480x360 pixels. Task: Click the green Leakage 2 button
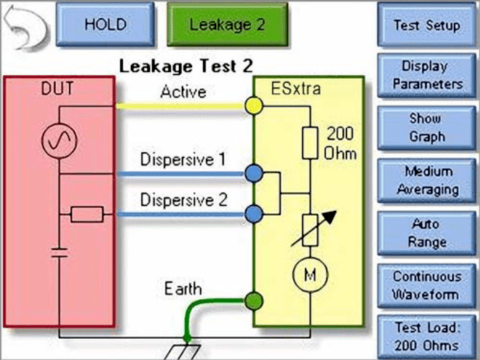(227, 24)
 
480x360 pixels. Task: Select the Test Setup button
(427, 24)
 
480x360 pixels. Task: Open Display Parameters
(427, 75)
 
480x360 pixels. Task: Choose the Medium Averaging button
(427, 181)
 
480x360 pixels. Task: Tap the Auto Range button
(427, 233)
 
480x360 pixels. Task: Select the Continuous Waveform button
(427, 286)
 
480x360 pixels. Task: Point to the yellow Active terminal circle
(253, 107)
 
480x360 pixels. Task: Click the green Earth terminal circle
(253, 300)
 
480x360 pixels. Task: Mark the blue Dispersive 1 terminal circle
(253, 174)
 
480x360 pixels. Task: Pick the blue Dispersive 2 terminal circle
(253, 213)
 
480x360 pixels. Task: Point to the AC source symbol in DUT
(58, 140)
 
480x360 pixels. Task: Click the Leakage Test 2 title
(186, 67)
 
